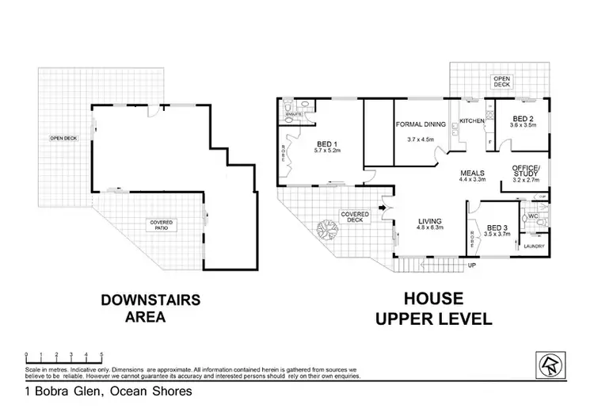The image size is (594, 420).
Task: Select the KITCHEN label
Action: coord(471,121)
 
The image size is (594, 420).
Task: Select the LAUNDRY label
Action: coord(534,246)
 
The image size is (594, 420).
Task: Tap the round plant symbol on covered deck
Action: coord(325,231)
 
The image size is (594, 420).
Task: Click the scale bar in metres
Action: coord(63,355)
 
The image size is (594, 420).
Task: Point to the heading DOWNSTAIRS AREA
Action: coord(150,310)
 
